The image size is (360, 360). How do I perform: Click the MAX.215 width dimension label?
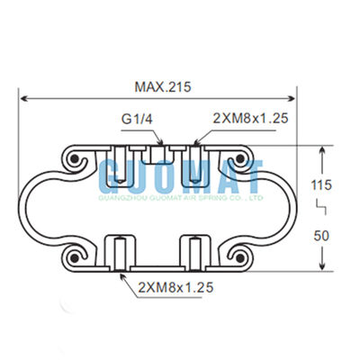162,87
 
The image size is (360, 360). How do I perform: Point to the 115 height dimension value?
321,184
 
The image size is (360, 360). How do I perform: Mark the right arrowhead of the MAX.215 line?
293,99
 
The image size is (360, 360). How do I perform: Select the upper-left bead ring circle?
73,160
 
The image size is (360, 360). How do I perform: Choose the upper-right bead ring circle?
245,160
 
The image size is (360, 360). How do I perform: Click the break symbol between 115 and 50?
320,209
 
